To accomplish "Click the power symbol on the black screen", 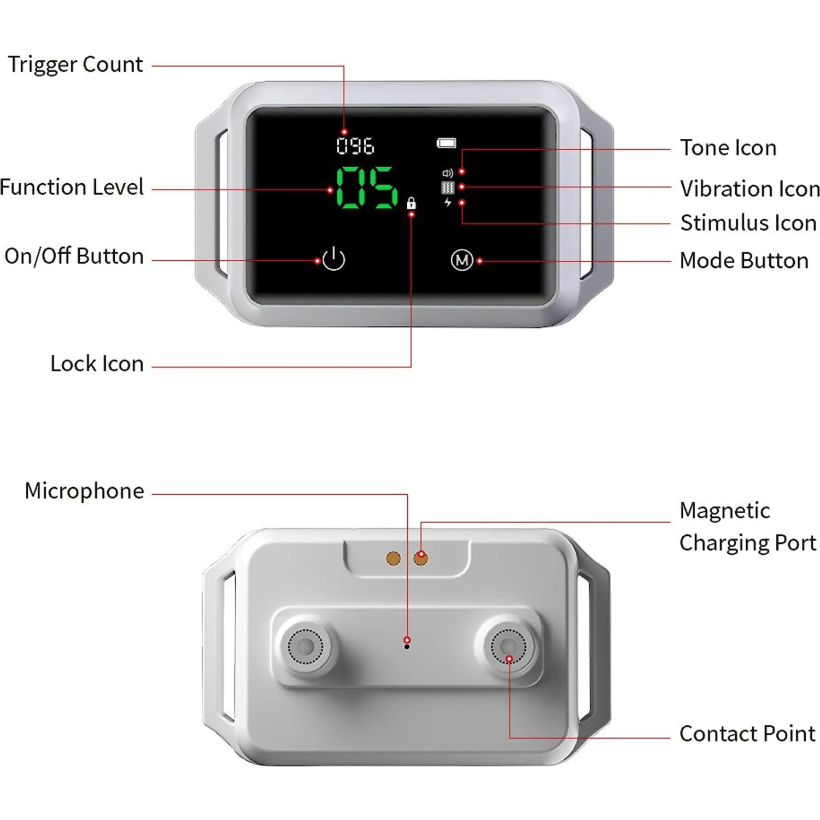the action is [x=333, y=259].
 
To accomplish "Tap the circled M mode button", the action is [x=462, y=260].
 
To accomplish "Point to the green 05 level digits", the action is [x=366, y=188].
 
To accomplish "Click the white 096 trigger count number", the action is [x=355, y=146].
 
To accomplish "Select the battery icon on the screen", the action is [x=446, y=143].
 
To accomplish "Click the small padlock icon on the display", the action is [x=411, y=203].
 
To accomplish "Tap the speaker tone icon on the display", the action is [x=448, y=173].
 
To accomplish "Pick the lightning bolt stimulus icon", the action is [x=448, y=203].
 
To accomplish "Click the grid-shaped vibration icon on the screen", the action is [x=448, y=188].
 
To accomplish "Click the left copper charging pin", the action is [x=394, y=558].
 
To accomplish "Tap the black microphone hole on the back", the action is [x=407, y=647].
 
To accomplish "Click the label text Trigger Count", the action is [x=75, y=65].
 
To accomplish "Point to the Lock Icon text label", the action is [x=97, y=364].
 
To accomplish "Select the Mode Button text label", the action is [x=744, y=261].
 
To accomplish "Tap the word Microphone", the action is [x=84, y=491].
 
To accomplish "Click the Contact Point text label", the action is [x=747, y=734].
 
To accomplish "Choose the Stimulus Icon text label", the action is [x=748, y=223].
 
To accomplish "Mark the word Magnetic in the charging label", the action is [x=725, y=511].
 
